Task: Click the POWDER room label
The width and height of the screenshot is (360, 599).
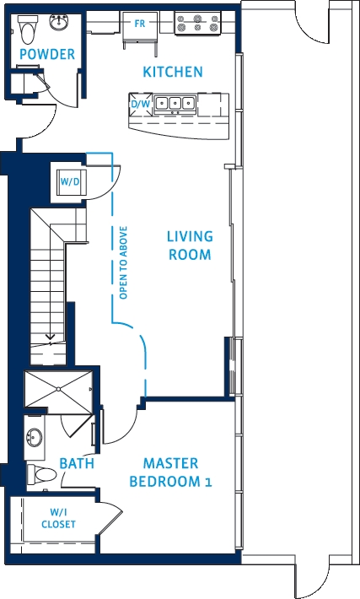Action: click(47, 54)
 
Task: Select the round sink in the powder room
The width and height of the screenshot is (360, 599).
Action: click(59, 22)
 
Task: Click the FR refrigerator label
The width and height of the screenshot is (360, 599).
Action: click(140, 24)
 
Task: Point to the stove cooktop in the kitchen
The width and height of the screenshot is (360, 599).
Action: click(197, 23)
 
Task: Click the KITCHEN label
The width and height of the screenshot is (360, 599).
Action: click(173, 72)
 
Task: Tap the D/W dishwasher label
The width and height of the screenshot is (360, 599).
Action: click(141, 104)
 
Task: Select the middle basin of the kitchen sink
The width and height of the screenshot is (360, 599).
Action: click(175, 103)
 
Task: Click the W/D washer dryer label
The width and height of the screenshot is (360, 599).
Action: click(70, 181)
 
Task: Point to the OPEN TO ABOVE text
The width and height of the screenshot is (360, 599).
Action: click(123, 263)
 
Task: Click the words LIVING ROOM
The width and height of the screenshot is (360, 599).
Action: click(190, 246)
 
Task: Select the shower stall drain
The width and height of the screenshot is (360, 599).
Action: click(58, 389)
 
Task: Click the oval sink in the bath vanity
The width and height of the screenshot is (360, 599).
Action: click(35, 437)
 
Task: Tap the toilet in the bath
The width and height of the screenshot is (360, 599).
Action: click(41, 475)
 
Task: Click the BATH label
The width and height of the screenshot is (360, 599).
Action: click(77, 463)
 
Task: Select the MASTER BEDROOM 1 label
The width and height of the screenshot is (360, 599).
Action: click(170, 472)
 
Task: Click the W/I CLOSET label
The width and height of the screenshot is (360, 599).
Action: click(58, 518)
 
